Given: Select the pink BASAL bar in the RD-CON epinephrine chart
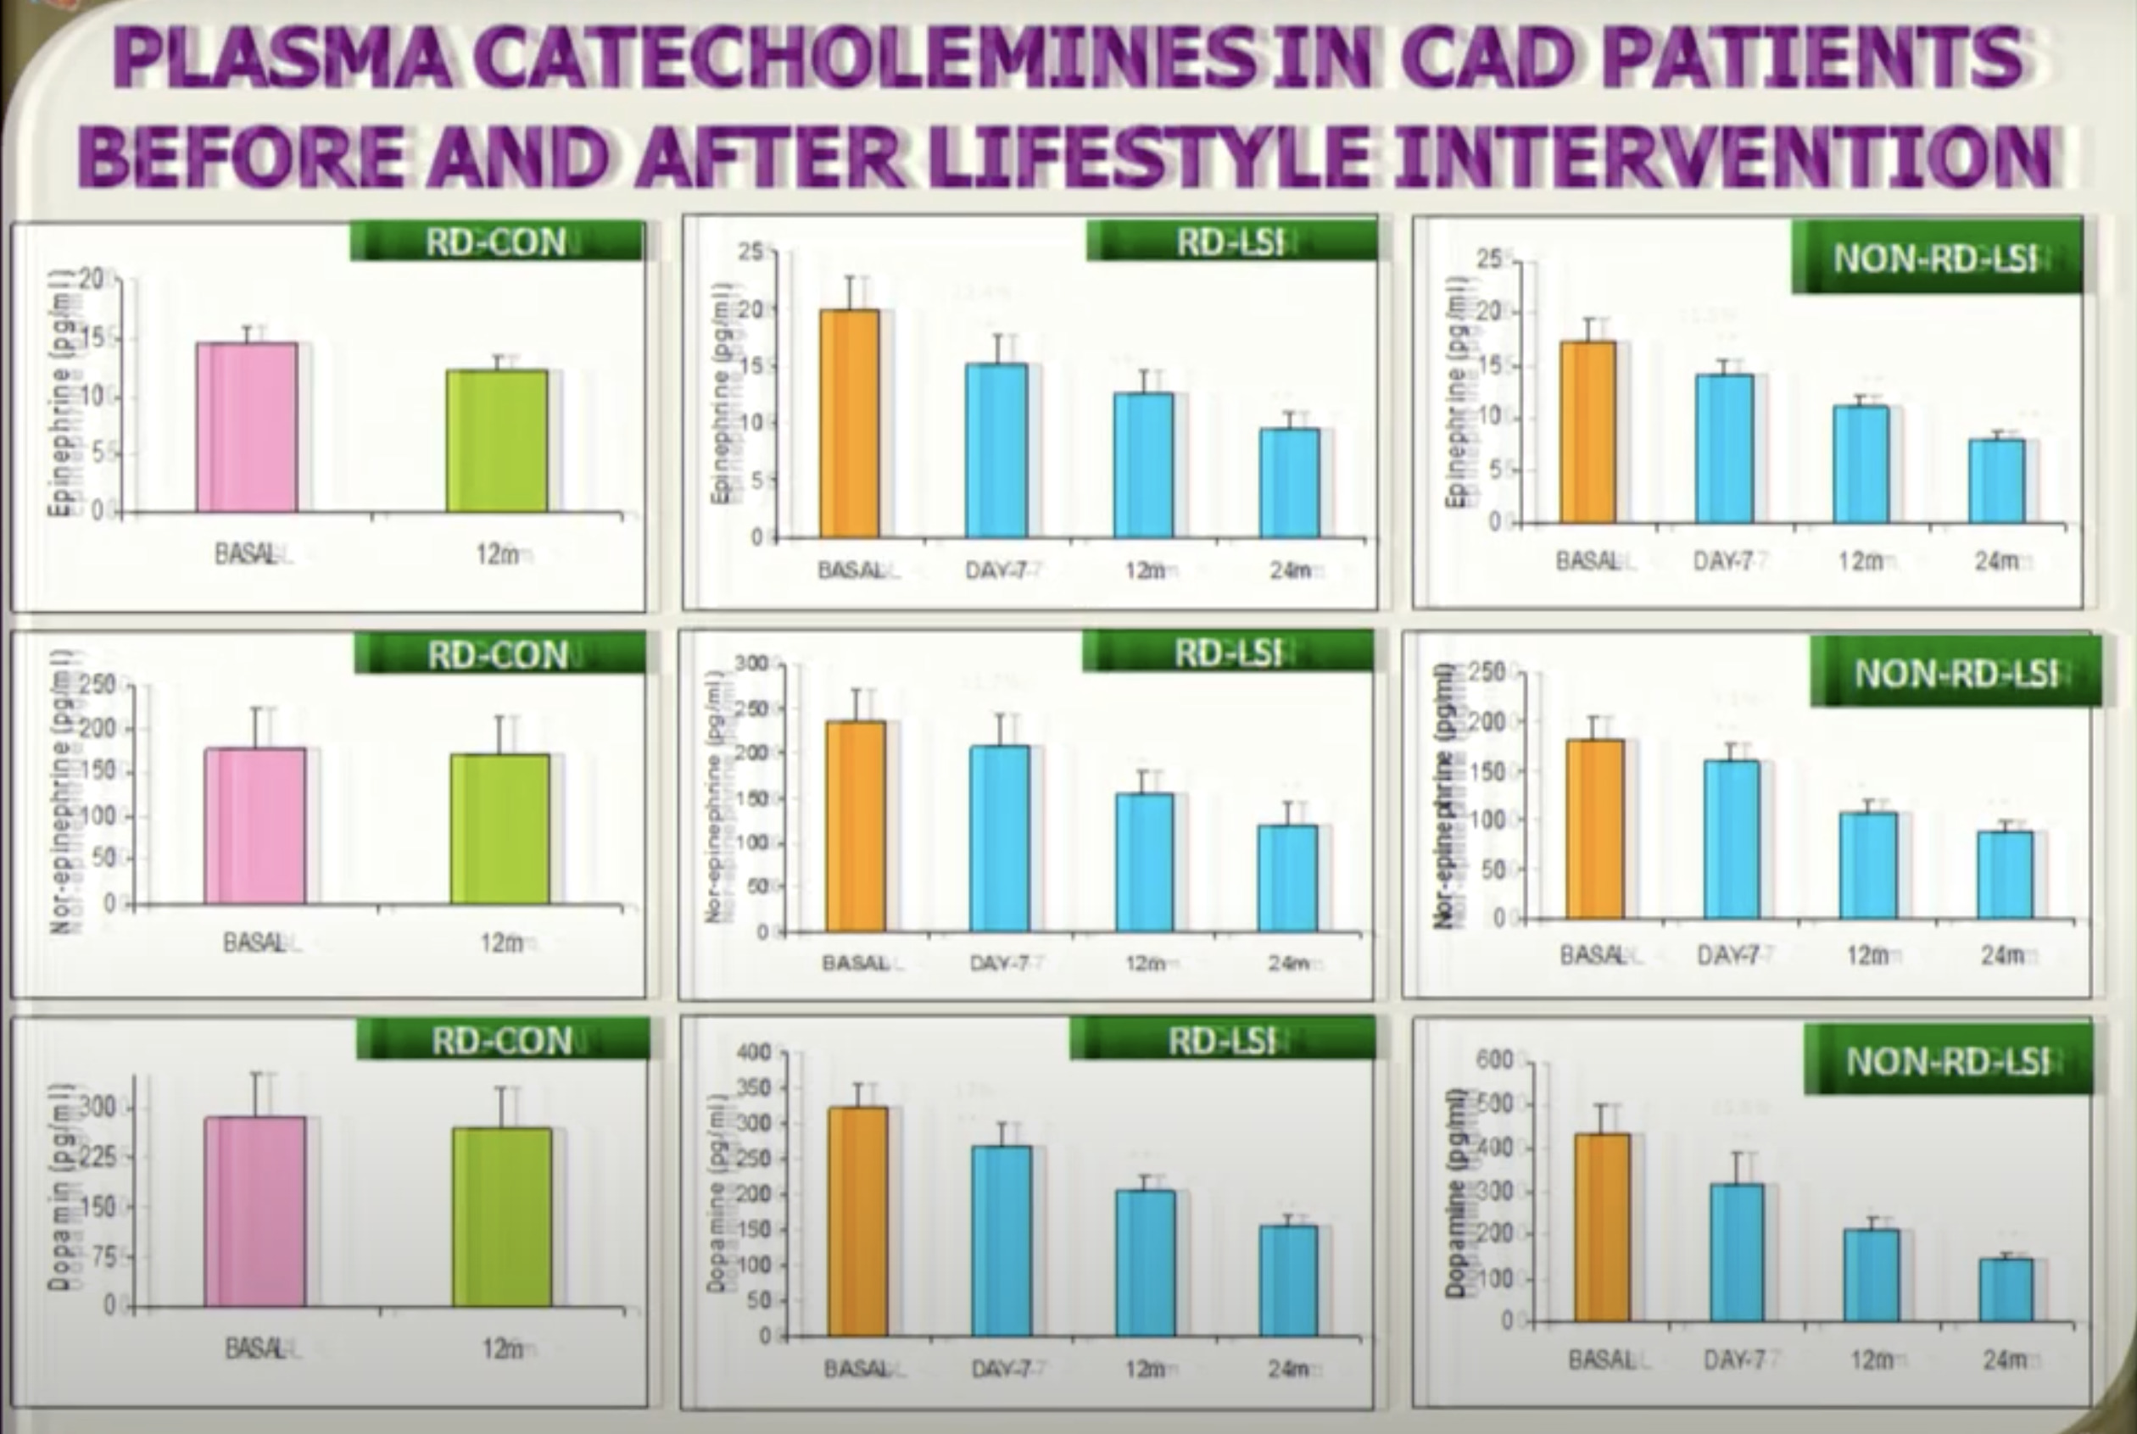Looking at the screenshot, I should (247, 427).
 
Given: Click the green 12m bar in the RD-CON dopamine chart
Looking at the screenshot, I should (501, 1216).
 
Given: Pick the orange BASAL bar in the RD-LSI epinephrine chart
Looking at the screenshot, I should (849, 424).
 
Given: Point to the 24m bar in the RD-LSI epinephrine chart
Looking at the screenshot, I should (1289, 482).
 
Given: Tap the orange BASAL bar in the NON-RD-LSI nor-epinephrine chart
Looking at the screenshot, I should (1594, 829).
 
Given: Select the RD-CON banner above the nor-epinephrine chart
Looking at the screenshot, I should (499, 655).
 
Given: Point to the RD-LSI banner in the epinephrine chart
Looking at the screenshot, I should (1231, 242).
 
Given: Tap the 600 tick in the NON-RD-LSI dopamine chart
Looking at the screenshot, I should (1494, 1061).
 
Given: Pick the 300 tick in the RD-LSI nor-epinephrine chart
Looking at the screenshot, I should (750, 663).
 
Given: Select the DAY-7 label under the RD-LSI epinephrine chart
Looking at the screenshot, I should (997, 570).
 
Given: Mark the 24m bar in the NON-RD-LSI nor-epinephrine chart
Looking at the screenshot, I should (2006, 875).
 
